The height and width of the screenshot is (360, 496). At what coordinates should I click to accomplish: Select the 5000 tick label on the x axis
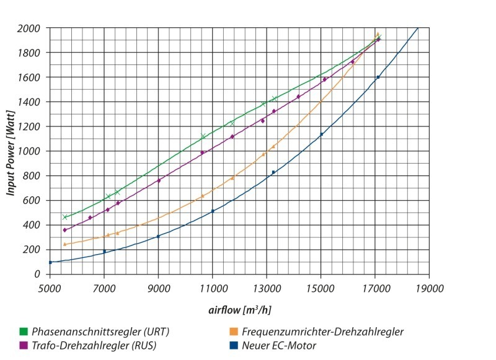[x=50, y=288]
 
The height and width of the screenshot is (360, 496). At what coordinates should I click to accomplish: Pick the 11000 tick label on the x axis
[x=213, y=288]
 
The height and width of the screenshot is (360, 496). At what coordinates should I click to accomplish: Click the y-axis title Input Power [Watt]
[x=11, y=151]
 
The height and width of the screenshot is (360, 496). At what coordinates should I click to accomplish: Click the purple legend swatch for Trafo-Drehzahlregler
[x=24, y=345]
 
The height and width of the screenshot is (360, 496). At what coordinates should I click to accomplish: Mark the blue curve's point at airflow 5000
[x=50, y=262]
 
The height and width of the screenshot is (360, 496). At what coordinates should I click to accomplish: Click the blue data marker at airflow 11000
[x=213, y=211]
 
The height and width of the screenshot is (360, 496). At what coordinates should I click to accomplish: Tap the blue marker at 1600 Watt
[x=378, y=77]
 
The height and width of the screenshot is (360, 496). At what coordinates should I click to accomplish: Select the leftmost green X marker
[x=65, y=217]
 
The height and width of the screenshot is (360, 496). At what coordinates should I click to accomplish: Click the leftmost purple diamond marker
[x=64, y=230]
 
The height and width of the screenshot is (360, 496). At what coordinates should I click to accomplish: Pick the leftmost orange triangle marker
[x=64, y=244]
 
